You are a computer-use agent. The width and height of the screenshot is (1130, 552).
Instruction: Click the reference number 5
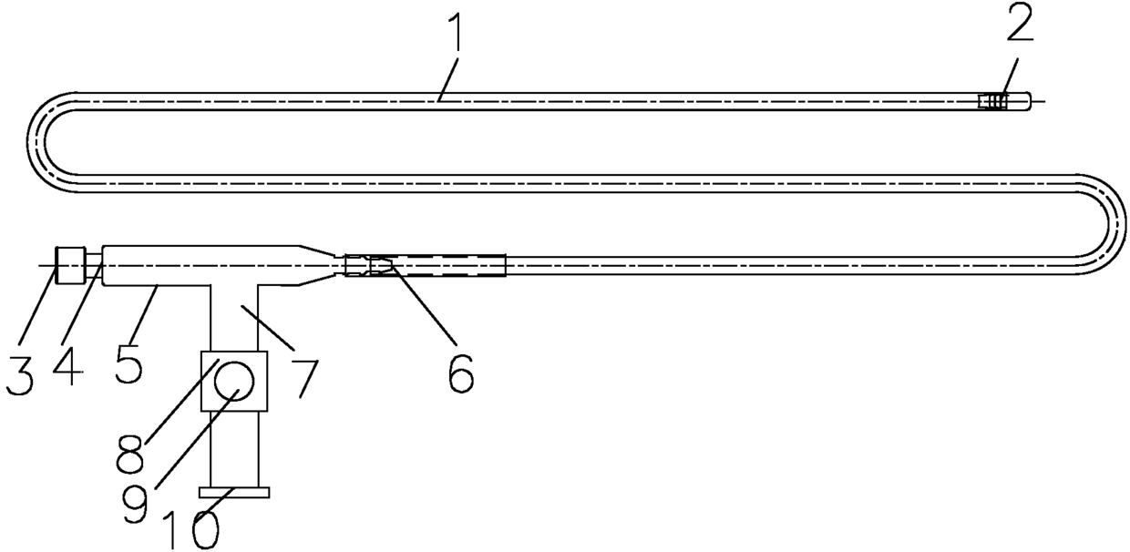point(128,362)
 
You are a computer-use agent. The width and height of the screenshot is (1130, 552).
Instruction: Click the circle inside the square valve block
point(235,379)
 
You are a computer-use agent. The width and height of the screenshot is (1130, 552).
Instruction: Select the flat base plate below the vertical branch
point(235,493)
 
